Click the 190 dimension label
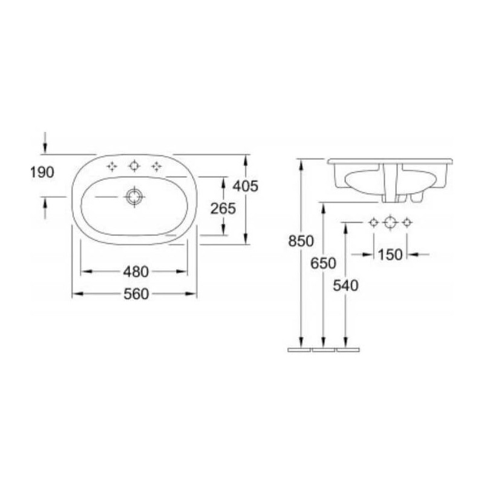click(x=42, y=172)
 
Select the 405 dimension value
click(x=246, y=186)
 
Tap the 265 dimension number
click(x=223, y=209)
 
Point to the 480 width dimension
click(x=136, y=272)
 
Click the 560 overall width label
click(x=136, y=294)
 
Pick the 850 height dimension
click(x=301, y=241)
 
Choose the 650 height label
click(x=323, y=263)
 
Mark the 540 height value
click(x=345, y=286)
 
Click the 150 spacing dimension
click(x=390, y=255)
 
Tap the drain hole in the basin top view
click(x=134, y=197)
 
